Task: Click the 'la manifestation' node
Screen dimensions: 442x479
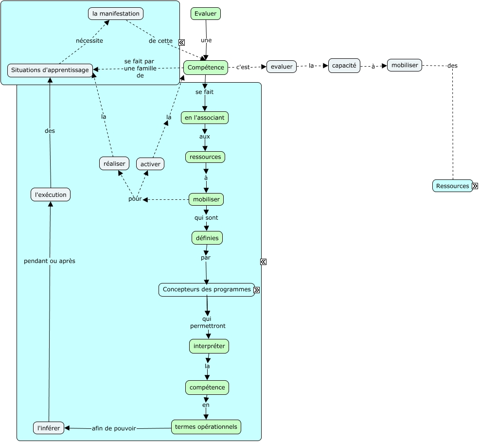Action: [x=116, y=14]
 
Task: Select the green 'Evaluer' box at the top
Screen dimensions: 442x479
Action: [x=206, y=14]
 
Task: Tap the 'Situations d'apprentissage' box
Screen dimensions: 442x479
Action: [x=50, y=70]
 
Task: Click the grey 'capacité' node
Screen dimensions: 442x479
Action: [x=344, y=65]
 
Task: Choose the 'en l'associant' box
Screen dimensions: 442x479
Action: [x=205, y=118]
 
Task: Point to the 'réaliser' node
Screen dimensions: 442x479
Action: [x=114, y=163]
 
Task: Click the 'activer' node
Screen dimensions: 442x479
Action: [x=150, y=164]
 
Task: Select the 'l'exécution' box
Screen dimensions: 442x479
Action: [x=51, y=194]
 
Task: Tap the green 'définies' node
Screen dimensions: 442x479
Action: [x=207, y=238]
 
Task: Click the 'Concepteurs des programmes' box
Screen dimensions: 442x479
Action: [x=206, y=289]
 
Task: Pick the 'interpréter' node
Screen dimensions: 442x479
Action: [x=209, y=346]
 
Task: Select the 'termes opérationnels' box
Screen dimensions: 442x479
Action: [x=206, y=426]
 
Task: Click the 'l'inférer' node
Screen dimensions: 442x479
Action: [x=49, y=428]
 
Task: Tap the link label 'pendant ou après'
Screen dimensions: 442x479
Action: [x=50, y=261]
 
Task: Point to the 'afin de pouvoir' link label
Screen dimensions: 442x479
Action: [x=114, y=428]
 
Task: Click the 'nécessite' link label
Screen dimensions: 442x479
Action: [x=89, y=41]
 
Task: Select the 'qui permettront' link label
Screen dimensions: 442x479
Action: [x=208, y=322]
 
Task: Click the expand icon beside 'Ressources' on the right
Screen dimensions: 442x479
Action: [x=475, y=186]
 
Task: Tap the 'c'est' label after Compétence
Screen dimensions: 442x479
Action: [x=243, y=67]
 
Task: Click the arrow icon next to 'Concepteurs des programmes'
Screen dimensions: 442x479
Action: [x=257, y=290]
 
